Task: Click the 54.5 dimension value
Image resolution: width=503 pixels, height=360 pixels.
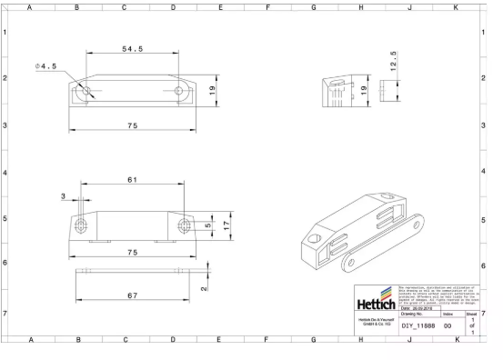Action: tap(132, 49)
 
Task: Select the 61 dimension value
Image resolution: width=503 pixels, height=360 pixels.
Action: tap(132, 180)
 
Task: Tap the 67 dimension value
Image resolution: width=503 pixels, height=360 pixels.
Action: tap(132, 295)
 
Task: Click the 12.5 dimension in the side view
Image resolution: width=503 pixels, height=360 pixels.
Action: tap(393, 59)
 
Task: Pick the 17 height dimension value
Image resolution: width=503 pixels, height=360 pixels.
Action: tap(227, 225)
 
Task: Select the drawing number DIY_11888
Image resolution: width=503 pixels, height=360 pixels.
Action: tap(417, 325)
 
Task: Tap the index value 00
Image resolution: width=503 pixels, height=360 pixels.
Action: tap(448, 325)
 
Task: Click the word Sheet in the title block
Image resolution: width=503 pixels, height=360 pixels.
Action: tap(471, 313)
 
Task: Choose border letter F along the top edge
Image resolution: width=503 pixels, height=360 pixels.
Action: tap(267, 6)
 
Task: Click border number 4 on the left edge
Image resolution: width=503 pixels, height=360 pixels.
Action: tap(5, 172)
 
